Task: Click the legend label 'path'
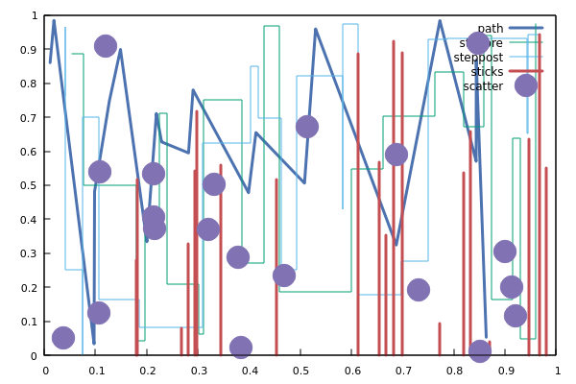click(490, 29)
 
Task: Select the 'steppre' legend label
click(481, 43)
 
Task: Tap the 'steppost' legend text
click(478, 58)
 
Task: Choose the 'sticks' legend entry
click(487, 72)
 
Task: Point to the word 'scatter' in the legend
click(483, 86)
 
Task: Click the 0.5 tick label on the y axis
click(30, 185)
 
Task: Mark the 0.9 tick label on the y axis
click(30, 50)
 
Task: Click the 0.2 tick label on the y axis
click(30, 287)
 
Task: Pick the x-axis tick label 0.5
click(352, 370)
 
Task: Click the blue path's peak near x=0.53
click(315, 29)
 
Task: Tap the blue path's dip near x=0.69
click(396, 245)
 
